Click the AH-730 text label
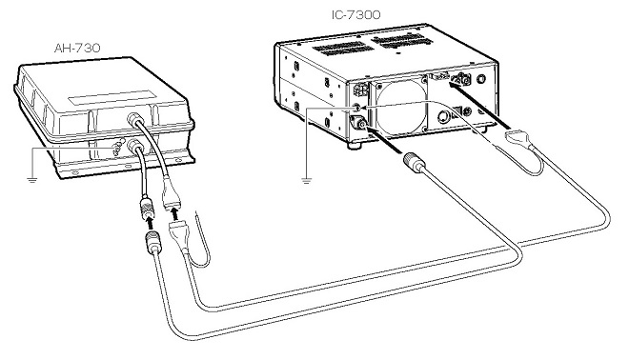(77, 49)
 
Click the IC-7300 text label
(355, 15)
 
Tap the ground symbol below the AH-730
(32, 179)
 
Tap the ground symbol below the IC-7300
(307, 180)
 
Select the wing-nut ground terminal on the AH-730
(118, 148)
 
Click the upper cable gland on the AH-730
(134, 119)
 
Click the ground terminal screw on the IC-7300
(355, 108)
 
